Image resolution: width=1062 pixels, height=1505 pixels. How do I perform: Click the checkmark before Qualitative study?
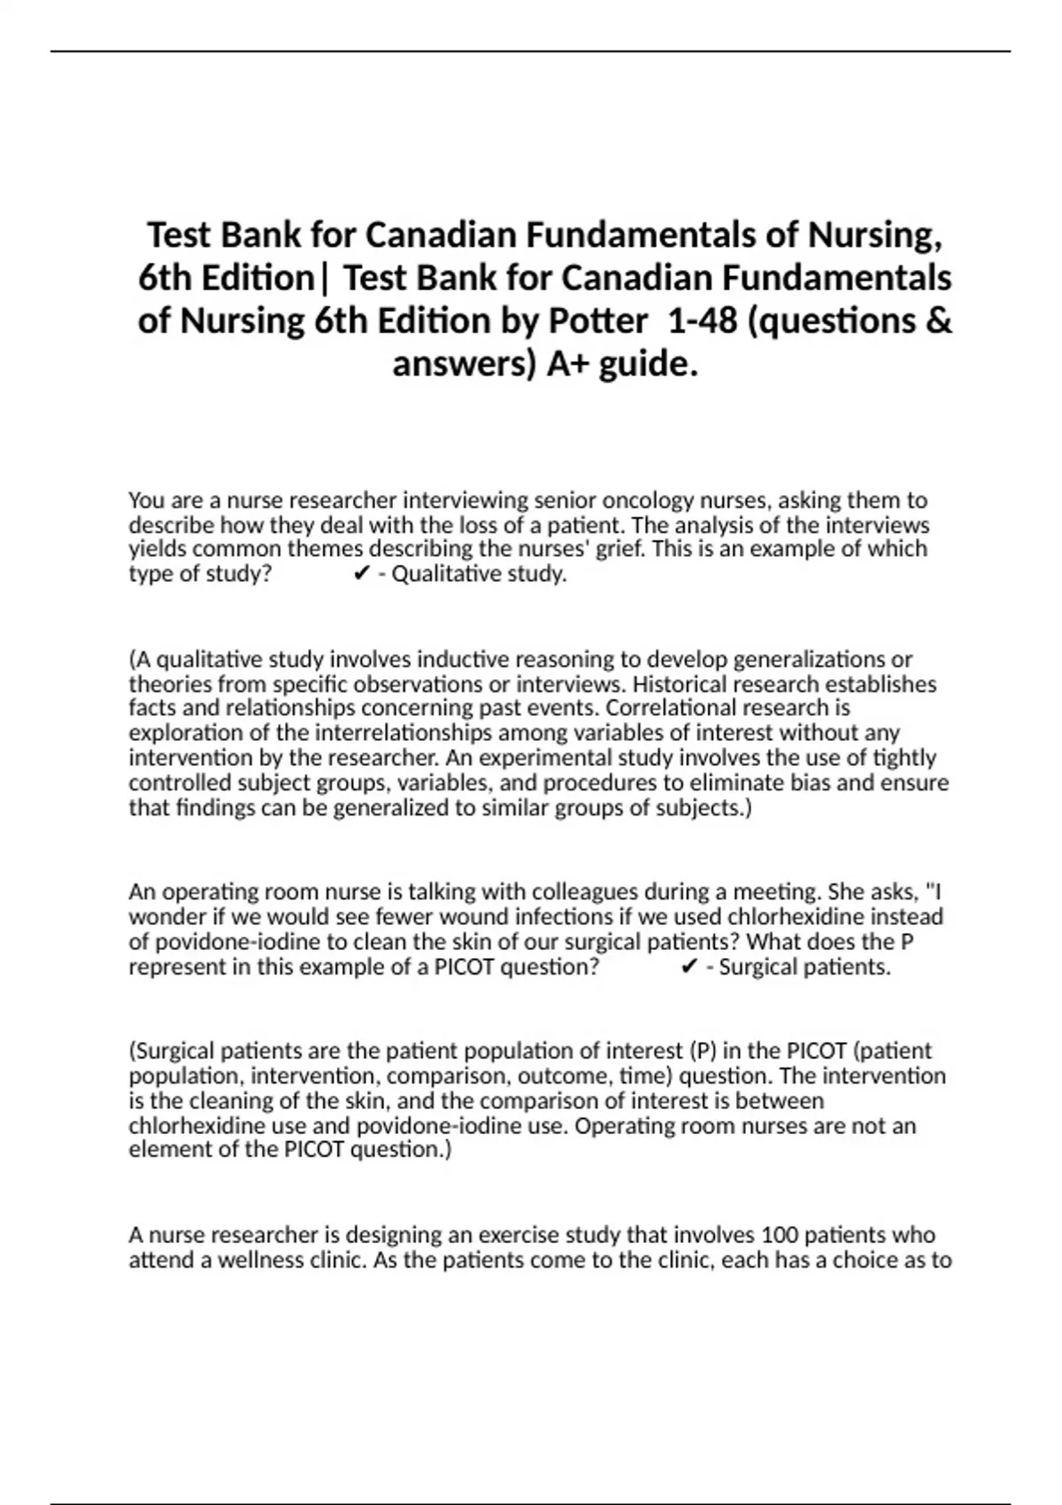(x=360, y=575)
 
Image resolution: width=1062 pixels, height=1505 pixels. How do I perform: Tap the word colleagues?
(x=588, y=891)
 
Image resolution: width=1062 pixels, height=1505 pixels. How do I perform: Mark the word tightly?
(x=905, y=758)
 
